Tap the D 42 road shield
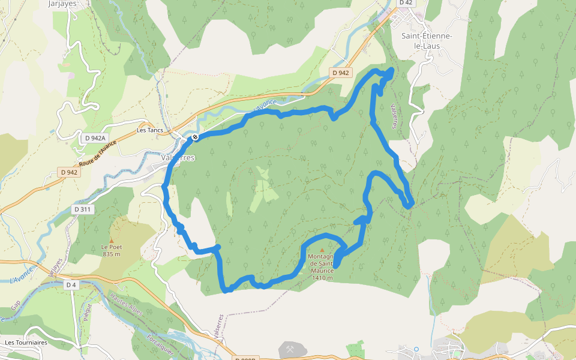point(406,3)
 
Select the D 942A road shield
point(95,138)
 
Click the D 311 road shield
point(83,209)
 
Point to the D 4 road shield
point(71,284)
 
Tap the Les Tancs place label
point(150,130)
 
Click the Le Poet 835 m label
point(111,250)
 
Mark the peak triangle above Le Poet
point(111,241)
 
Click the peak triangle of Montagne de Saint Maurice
point(322,251)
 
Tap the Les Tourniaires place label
point(26,343)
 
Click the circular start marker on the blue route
point(195,137)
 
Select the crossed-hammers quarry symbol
point(291,349)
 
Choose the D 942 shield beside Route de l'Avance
point(70,172)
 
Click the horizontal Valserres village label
point(178,158)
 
